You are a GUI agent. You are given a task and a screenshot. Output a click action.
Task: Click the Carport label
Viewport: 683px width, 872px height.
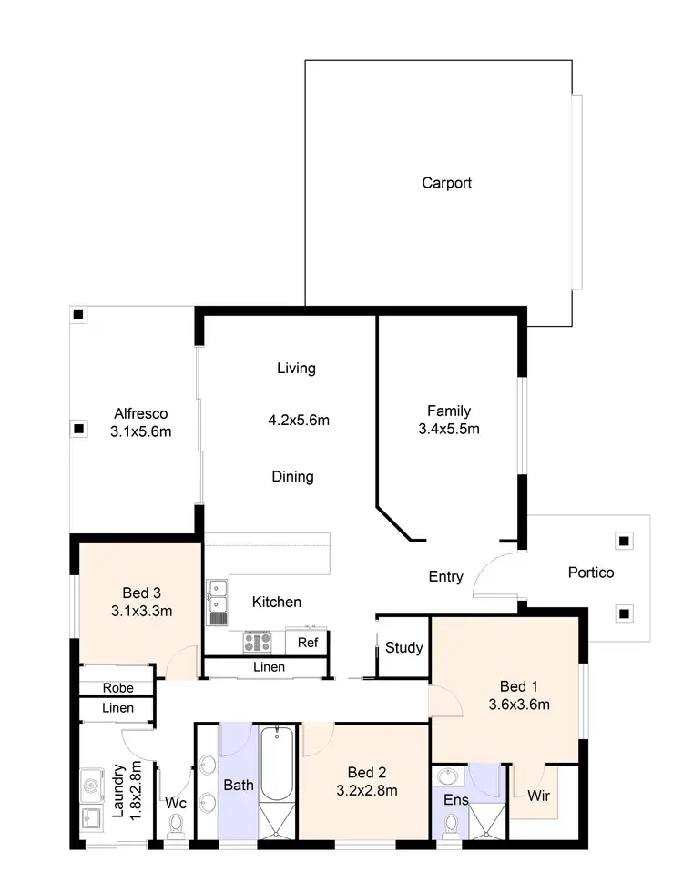click(446, 183)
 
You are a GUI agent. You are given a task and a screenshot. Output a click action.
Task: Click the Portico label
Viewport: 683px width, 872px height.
click(591, 573)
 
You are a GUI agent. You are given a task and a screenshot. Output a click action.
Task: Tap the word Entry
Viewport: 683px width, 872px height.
click(446, 576)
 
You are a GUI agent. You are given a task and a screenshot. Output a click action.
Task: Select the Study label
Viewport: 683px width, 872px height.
click(403, 648)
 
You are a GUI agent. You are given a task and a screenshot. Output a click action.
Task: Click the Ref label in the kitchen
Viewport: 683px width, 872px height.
click(308, 643)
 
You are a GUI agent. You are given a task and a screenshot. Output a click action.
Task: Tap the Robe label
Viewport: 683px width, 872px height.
click(118, 688)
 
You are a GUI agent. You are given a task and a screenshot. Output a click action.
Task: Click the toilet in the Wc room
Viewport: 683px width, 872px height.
click(175, 824)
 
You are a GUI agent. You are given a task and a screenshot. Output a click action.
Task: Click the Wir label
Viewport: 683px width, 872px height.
click(538, 795)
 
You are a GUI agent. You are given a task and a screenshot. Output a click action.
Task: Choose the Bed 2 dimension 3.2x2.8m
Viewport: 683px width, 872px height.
click(367, 791)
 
